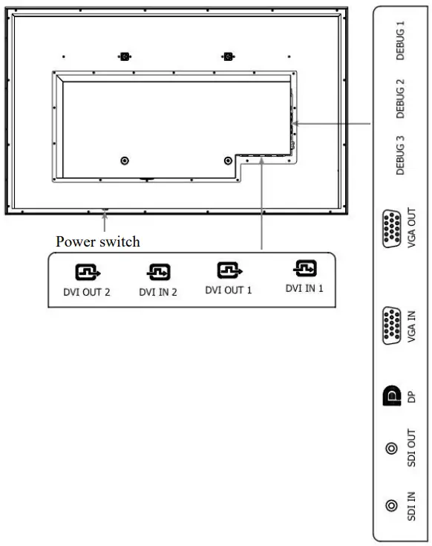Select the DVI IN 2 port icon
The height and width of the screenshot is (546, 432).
[x=157, y=273]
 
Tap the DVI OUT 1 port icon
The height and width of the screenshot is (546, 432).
[x=229, y=270]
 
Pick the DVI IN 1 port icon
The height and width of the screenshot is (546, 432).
[x=304, y=268]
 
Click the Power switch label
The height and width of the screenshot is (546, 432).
[x=98, y=241]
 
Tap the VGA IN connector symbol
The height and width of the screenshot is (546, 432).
[x=390, y=325]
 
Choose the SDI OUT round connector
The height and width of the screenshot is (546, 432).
[x=390, y=448]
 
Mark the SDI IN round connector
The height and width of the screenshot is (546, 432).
[x=390, y=506]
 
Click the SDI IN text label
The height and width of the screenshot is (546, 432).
[x=411, y=506]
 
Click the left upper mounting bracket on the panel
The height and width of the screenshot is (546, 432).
[x=124, y=56]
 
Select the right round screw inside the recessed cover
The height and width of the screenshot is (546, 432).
[x=228, y=160]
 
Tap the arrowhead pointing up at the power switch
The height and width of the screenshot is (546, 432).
[x=106, y=215]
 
